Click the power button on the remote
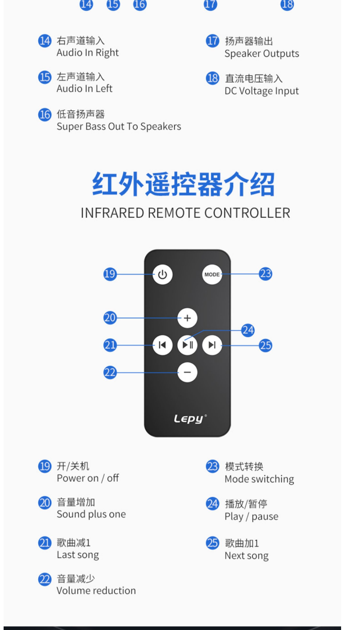point(162,274)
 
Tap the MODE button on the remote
point(212,274)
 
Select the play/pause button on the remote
point(187,345)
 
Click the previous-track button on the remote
point(162,345)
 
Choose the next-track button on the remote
point(212,345)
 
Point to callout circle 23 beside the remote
point(265,274)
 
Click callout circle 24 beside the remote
point(248,330)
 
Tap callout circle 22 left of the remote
point(110,373)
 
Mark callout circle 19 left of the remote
point(110,274)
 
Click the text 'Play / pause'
point(251,517)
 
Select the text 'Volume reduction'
point(96,591)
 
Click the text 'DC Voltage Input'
point(261,91)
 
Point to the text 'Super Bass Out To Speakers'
point(119,126)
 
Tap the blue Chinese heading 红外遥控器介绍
point(184,185)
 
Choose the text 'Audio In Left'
point(84,89)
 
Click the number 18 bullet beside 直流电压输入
point(212,78)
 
